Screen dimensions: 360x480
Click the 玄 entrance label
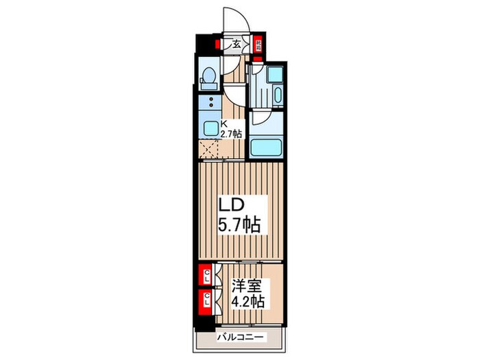pos(236,46)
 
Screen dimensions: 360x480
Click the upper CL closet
pos(205,276)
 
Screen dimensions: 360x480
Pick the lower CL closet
pos(205,300)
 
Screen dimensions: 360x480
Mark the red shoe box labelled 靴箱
pos(259,47)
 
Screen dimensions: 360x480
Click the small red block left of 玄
pos(217,45)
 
